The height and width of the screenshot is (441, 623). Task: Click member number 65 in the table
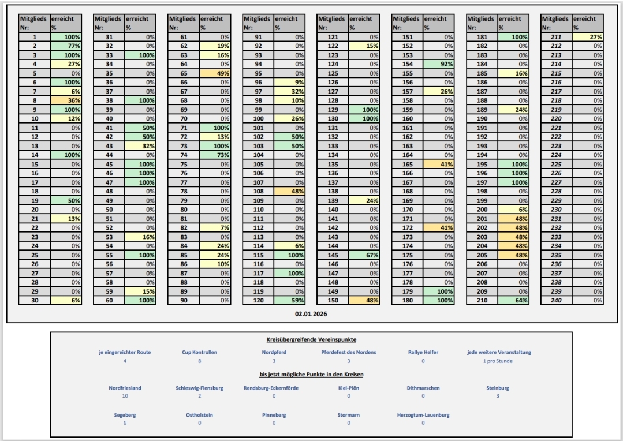pos(184,73)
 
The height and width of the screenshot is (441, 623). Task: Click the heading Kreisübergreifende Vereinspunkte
pos(311,340)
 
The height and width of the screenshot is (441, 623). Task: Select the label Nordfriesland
pos(125,388)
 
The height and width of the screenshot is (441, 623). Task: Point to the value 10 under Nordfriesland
pos(125,396)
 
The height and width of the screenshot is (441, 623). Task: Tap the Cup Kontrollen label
pos(199,352)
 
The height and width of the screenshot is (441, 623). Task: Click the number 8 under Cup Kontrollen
pos(199,361)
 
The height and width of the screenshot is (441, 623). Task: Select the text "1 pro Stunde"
pos(497,361)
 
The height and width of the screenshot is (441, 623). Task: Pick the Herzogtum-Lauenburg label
pos(423,414)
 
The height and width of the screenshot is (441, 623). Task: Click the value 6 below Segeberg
pos(125,423)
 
